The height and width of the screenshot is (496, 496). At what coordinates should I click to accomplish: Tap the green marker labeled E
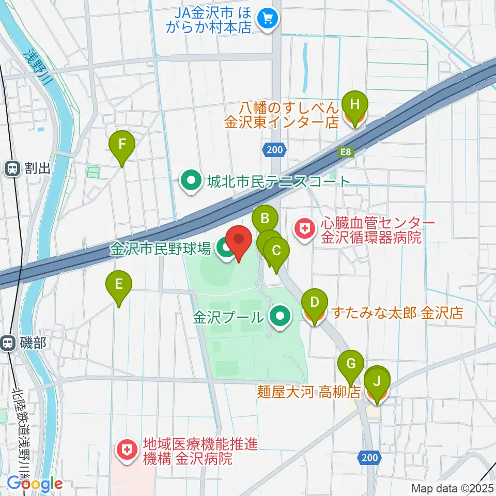119,285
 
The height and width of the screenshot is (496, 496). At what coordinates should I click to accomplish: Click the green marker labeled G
351,365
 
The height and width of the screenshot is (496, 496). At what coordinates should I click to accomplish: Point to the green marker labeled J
377,383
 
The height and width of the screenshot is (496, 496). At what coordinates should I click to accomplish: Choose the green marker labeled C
276,252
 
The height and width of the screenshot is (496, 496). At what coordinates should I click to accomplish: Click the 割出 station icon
11,167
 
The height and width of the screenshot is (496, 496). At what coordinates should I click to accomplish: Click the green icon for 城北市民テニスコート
191,181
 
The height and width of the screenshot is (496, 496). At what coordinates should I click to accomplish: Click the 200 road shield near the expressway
274,150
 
